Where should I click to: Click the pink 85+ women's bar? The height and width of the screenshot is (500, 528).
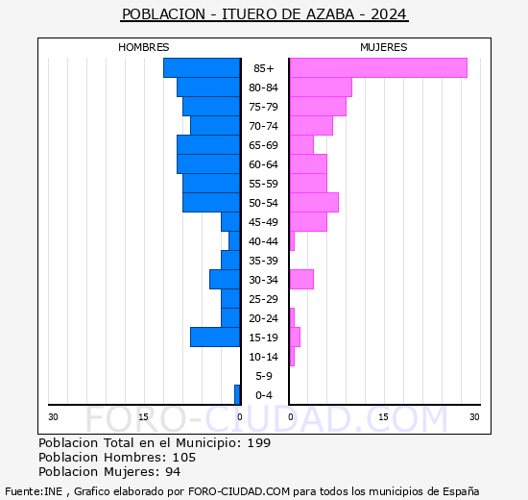pyautogui.click(x=377, y=68)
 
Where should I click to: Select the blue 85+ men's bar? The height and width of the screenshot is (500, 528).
pyautogui.click(x=202, y=68)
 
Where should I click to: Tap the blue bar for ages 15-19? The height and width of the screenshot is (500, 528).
pyautogui.click(x=215, y=337)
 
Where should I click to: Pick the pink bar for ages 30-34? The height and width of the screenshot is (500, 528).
pyautogui.click(x=301, y=280)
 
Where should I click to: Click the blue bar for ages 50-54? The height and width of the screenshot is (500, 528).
pyautogui.click(x=211, y=203)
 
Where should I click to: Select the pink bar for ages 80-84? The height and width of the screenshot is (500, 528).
pyautogui.click(x=321, y=87)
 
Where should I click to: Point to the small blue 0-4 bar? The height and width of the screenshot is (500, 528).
pyautogui.click(x=237, y=395)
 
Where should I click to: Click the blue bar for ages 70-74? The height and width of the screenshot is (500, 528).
pyautogui.click(x=215, y=126)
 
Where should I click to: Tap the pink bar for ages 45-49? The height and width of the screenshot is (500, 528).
pyautogui.click(x=308, y=222)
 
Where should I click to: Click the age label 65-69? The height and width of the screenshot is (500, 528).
pyautogui.click(x=263, y=145)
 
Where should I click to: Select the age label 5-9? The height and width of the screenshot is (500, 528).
pyautogui.click(x=263, y=376)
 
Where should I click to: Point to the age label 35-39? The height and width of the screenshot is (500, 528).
pyautogui.click(x=263, y=261)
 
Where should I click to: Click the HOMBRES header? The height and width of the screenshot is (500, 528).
pyautogui.click(x=144, y=47)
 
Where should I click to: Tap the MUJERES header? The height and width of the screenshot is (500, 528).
pyautogui.click(x=383, y=47)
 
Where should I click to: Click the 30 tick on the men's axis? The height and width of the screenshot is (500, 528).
pyautogui.click(x=54, y=416)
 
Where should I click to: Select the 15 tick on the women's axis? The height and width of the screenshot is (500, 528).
pyautogui.click(x=383, y=416)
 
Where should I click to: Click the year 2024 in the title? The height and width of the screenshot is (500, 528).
pyautogui.click(x=389, y=14)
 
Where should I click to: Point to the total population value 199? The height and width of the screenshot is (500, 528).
pyautogui.click(x=258, y=443)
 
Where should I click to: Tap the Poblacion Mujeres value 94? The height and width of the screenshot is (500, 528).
pyautogui.click(x=172, y=472)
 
